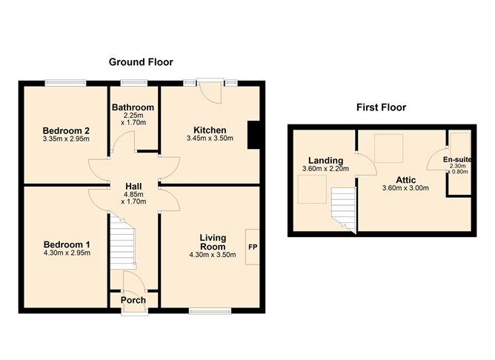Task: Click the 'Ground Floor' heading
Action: [x=139, y=61]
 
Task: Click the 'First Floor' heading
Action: [x=380, y=107]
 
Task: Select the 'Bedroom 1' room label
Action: [x=66, y=244]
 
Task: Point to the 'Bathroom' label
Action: [x=133, y=107]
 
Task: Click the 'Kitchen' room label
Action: [x=210, y=130]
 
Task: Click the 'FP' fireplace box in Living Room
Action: [x=252, y=247]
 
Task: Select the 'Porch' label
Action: [x=134, y=300]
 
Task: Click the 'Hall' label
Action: [x=133, y=187]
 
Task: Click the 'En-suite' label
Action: [x=456, y=159]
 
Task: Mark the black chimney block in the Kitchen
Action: [x=253, y=136]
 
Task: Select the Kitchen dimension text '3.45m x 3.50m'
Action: [x=210, y=139]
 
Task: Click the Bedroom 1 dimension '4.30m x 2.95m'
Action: [x=66, y=253]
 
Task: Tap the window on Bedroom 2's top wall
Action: [x=64, y=81]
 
